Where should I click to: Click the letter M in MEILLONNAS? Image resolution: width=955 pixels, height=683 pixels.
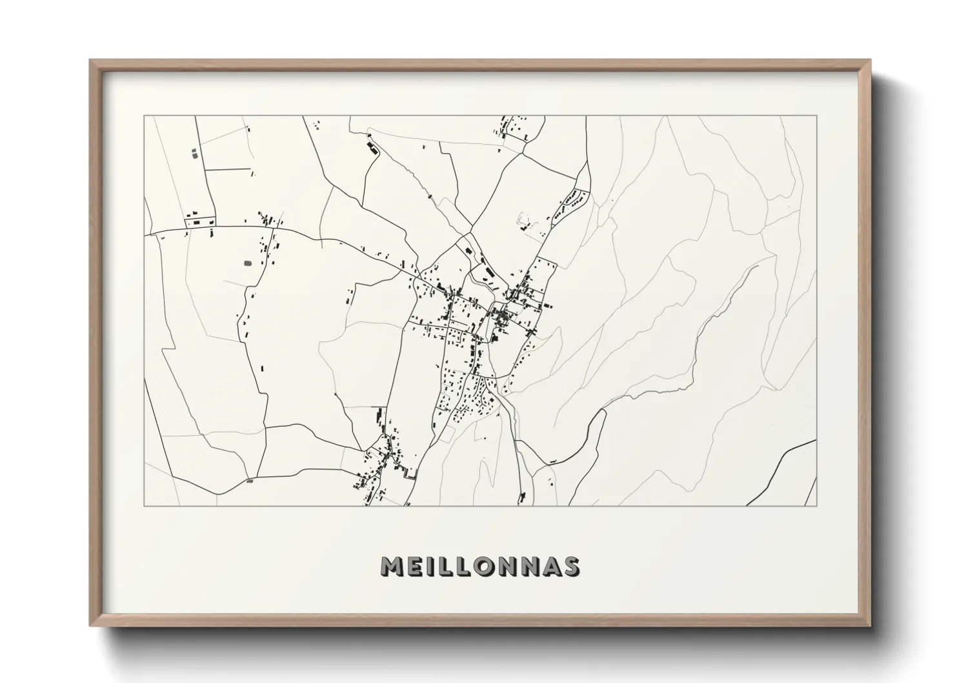click(392, 566)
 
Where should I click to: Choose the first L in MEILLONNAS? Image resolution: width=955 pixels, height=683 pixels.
click(449, 566)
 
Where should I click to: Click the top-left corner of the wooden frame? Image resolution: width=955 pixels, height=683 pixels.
click(90, 61)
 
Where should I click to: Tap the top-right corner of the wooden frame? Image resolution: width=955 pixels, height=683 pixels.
click(870, 61)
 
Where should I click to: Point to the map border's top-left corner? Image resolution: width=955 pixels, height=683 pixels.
click(144, 116)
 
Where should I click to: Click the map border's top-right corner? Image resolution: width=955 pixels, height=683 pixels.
click(816, 116)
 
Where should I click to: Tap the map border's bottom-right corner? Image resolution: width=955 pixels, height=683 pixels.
click(816, 505)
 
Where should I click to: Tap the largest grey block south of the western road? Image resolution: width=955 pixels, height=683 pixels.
click(247, 263)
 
